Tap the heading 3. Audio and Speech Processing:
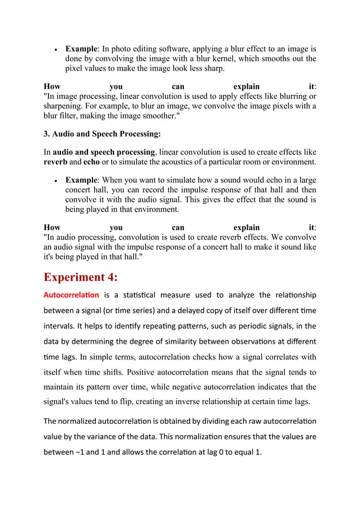102,134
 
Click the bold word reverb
57,162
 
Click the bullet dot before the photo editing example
55,50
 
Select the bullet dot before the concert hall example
55,181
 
